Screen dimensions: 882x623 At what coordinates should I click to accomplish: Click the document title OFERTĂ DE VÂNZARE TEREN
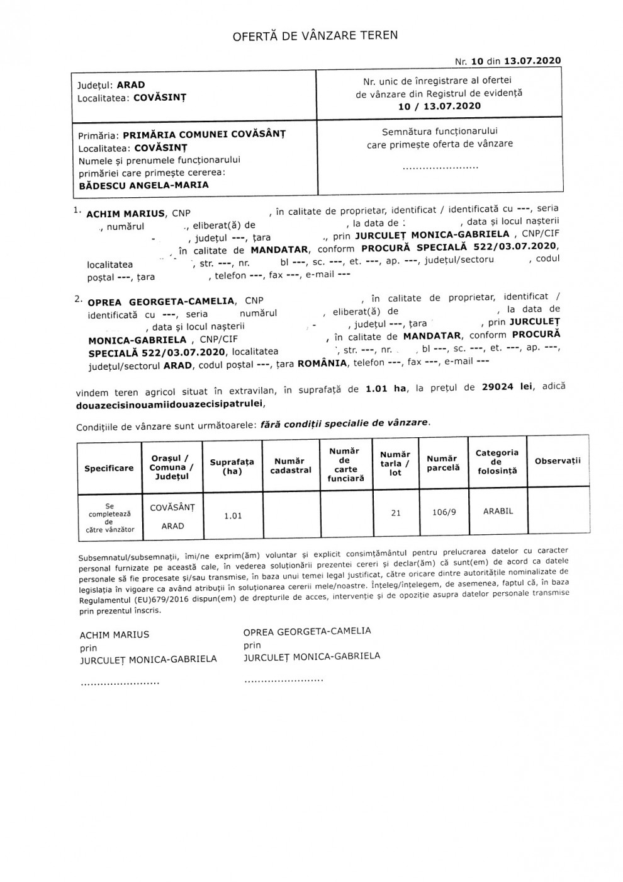[315, 35]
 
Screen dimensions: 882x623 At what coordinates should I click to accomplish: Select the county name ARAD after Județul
[131, 85]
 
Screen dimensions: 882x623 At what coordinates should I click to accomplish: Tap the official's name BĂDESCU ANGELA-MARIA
[144, 185]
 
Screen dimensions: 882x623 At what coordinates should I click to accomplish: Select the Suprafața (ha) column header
[232, 467]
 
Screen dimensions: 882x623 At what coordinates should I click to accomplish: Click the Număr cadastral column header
[291, 466]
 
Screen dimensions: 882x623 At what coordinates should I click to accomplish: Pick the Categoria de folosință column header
[497, 462]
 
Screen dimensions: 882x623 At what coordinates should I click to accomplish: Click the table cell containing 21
[395, 513]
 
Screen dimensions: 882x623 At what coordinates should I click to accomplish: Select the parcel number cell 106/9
[444, 512]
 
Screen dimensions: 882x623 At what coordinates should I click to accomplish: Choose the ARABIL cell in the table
[498, 511]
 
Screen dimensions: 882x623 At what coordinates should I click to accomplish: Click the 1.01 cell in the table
[233, 516]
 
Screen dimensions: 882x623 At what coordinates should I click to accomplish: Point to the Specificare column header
[109, 468]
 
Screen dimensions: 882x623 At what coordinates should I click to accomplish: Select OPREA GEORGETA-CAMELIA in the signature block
[307, 631]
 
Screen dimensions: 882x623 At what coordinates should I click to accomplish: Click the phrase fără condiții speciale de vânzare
[345, 423]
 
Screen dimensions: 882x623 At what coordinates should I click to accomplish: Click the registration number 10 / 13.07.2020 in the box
[439, 106]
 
